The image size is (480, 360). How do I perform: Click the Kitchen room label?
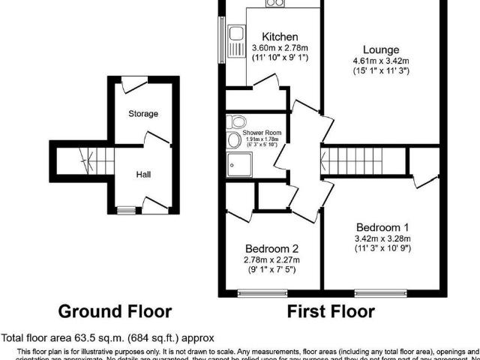point(280,37)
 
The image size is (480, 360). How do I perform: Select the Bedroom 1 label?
point(382,228)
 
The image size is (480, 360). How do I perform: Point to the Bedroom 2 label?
point(271,250)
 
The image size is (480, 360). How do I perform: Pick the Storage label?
point(142,114)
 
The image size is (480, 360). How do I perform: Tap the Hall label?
point(142,174)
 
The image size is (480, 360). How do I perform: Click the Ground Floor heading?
point(115,310)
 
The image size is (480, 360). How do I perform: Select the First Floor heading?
point(331,310)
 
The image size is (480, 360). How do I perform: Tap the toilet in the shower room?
point(238,121)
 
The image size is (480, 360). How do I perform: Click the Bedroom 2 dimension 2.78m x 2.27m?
point(271,260)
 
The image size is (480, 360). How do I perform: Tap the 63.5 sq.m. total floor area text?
point(107,338)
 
